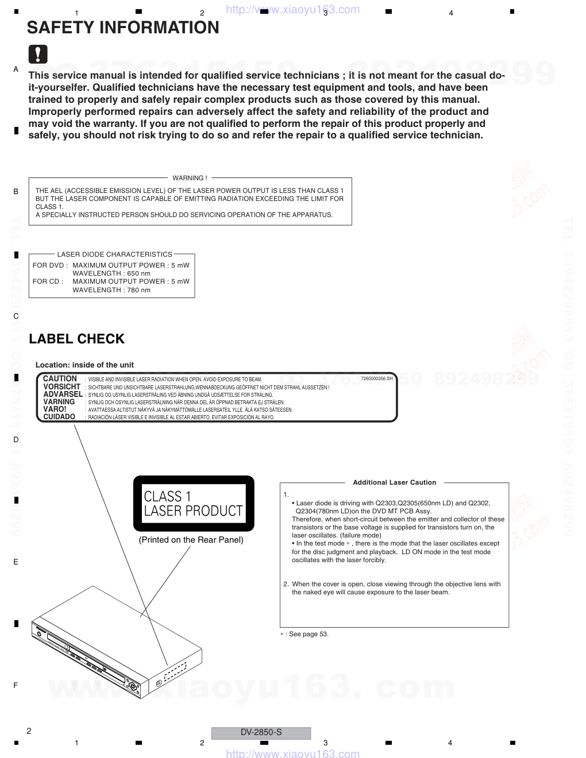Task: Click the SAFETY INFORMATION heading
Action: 123,28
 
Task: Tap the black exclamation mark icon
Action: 38,54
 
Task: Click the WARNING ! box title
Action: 190,178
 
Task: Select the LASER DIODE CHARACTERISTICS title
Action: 114,254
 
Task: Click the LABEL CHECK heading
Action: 76,339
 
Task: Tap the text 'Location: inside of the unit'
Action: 84,365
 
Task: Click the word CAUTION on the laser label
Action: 60,378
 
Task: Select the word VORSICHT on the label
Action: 61,386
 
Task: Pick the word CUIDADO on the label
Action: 59,417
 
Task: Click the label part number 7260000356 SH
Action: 376,378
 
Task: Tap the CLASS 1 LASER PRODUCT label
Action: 194,504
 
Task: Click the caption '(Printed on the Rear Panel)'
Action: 191,540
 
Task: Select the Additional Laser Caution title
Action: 394,482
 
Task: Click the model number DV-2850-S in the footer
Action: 261,732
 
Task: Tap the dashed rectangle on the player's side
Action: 175,671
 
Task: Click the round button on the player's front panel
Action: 132,686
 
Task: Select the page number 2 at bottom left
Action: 29,731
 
